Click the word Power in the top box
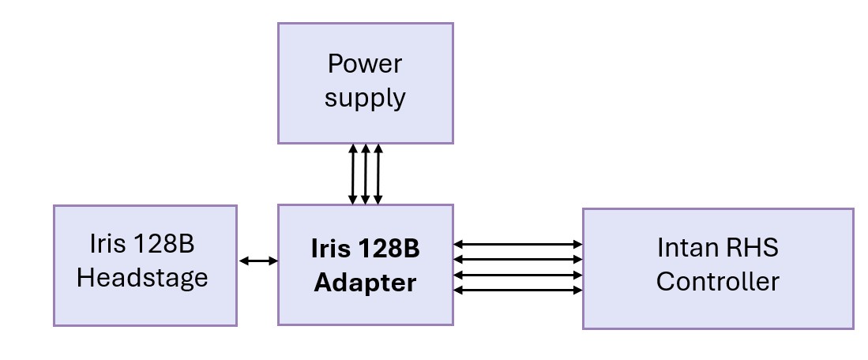(x=365, y=63)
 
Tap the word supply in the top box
(x=365, y=99)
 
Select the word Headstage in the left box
(x=143, y=278)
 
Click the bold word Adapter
(x=365, y=283)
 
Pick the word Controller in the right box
(x=717, y=282)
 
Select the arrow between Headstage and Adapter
(x=257, y=261)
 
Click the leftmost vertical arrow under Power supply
(x=353, y=174)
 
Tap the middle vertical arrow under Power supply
(x=366, y=174)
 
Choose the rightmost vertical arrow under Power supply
(x=378, y=174)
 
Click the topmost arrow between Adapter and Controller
(x=517, y=245)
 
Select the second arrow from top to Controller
(x=517, y=260)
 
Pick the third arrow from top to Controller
(x=517, y=275)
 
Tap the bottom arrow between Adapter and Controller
(x=517, y=290)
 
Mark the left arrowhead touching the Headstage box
(x=242, y=261)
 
